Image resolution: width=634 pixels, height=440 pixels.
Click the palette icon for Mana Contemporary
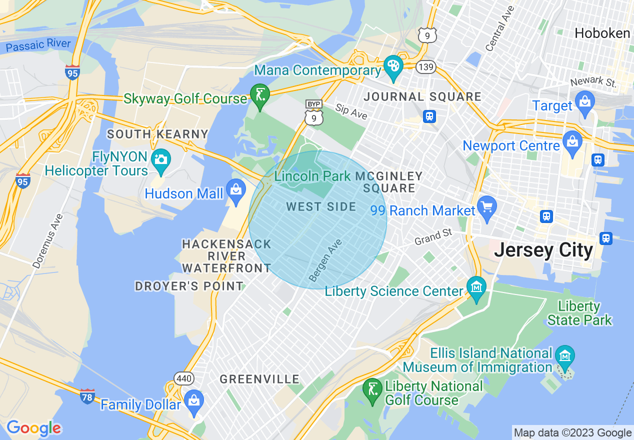pos(393,66)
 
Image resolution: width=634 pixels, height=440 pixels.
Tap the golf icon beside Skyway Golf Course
pos(260,94)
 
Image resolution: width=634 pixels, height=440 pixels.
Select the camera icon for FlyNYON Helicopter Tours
pos(161,159)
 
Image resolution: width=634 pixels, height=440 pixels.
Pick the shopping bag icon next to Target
pos(584,101)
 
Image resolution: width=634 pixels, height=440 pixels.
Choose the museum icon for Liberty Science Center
pos(476,287)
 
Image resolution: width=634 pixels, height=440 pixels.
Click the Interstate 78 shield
pos(87,396)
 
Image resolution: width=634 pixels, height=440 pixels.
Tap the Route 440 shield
pos(184,378)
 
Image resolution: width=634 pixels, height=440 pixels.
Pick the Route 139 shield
pos(428,67)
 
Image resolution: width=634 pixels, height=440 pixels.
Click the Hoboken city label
pos(602,33)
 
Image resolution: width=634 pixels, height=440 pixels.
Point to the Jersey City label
pos(543,250)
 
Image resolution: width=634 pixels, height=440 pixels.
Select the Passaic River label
pos(38,45)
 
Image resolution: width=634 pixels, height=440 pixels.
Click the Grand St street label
pos(433,237)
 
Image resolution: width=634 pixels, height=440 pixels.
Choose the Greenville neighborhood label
pos(259,379)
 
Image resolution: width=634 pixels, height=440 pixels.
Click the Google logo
pos(33,428)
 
